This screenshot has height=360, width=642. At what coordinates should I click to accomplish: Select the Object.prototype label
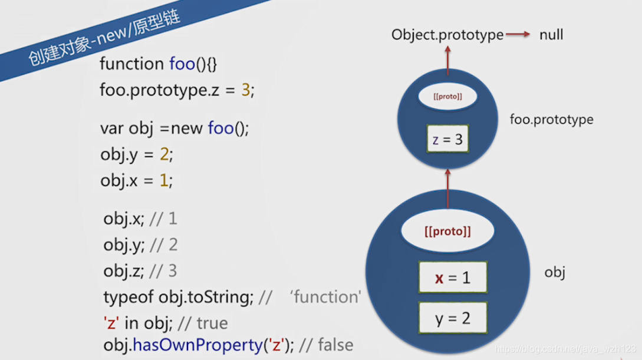[447, 35]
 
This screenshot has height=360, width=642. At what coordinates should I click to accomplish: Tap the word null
[551, 35]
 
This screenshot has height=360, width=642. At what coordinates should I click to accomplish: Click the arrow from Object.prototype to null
[519, 35]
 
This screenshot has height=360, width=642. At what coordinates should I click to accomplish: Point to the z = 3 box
[447, 140]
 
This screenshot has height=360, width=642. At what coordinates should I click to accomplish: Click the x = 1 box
[453, 278]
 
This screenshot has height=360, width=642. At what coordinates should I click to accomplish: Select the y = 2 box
[453, 319]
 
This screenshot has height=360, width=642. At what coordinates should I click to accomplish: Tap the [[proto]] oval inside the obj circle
[447, 232]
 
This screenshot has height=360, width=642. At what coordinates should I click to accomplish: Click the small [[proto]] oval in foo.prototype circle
[447, 97]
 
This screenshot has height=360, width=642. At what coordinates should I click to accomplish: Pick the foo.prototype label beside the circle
[551, 120]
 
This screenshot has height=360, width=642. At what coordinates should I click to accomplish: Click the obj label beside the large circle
[555, 273]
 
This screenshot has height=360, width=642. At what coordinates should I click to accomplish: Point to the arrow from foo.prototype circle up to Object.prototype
[447, 60]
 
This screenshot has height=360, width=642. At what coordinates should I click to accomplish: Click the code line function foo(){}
[159, 64]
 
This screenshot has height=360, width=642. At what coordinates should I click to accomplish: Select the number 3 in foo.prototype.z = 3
[246, 91]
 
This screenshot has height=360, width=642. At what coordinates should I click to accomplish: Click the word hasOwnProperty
[196, 345]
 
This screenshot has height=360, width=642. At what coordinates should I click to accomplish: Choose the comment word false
[335, 345]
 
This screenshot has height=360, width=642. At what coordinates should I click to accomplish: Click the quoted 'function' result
[325, 297]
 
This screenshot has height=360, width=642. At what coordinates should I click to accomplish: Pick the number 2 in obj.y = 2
[164, 155]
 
